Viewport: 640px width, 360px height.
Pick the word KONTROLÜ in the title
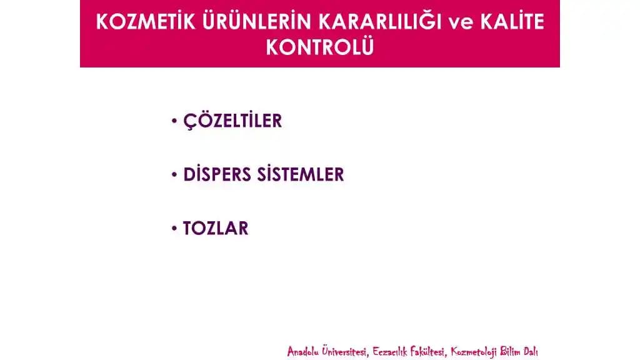click(320, 47)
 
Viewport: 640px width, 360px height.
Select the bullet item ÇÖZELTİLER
click(232, 121)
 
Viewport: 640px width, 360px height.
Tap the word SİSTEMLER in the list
click(301, 174)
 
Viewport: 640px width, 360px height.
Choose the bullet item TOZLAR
click(216, 228)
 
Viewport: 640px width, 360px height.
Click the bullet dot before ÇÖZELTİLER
click(174, 121)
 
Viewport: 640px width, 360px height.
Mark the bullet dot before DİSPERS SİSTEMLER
click(174, 174)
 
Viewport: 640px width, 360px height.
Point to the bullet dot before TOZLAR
click(174, 228)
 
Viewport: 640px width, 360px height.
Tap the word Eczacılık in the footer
click(391, 351)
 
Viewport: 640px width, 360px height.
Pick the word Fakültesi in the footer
click(429, 351)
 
